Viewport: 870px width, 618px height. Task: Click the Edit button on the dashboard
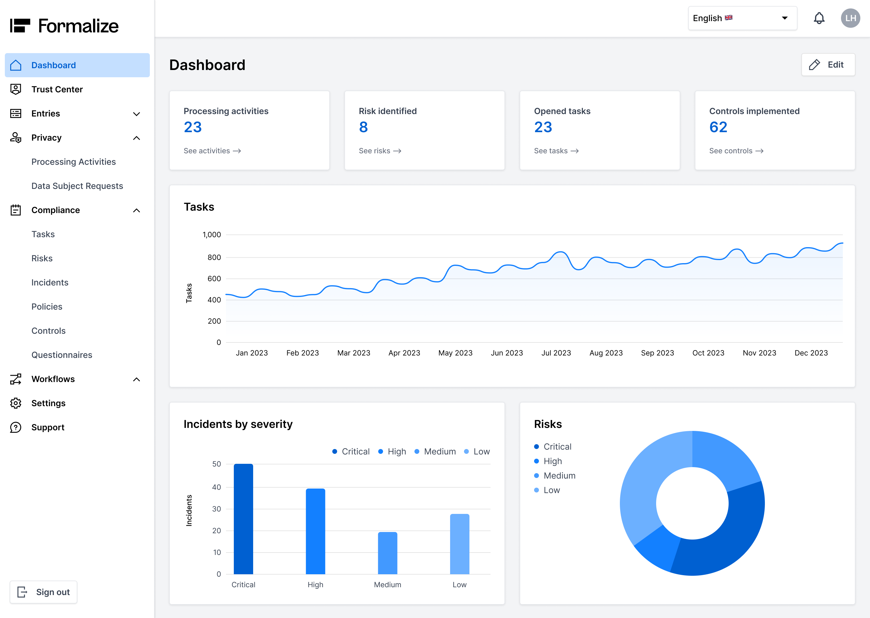pos(828,65)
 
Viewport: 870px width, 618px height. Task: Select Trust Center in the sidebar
pos(57,89)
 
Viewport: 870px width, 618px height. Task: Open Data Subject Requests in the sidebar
pos(77,186)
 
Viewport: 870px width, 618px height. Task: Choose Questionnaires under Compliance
pos(62,355)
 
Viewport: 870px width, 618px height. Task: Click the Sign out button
pos(43,592)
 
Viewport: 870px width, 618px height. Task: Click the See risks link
pos(380,151)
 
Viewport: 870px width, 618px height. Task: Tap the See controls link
pos(736,151)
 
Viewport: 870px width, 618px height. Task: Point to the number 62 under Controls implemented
pos(718,127)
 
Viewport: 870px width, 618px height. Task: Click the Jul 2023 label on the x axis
pos(556,353)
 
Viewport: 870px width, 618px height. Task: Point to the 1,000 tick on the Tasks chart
pos(211,235)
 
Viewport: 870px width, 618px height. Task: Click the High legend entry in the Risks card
pos(552,461)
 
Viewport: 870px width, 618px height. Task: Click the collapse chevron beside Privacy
pos(136,138)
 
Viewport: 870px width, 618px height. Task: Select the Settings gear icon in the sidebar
pos(16,403)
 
